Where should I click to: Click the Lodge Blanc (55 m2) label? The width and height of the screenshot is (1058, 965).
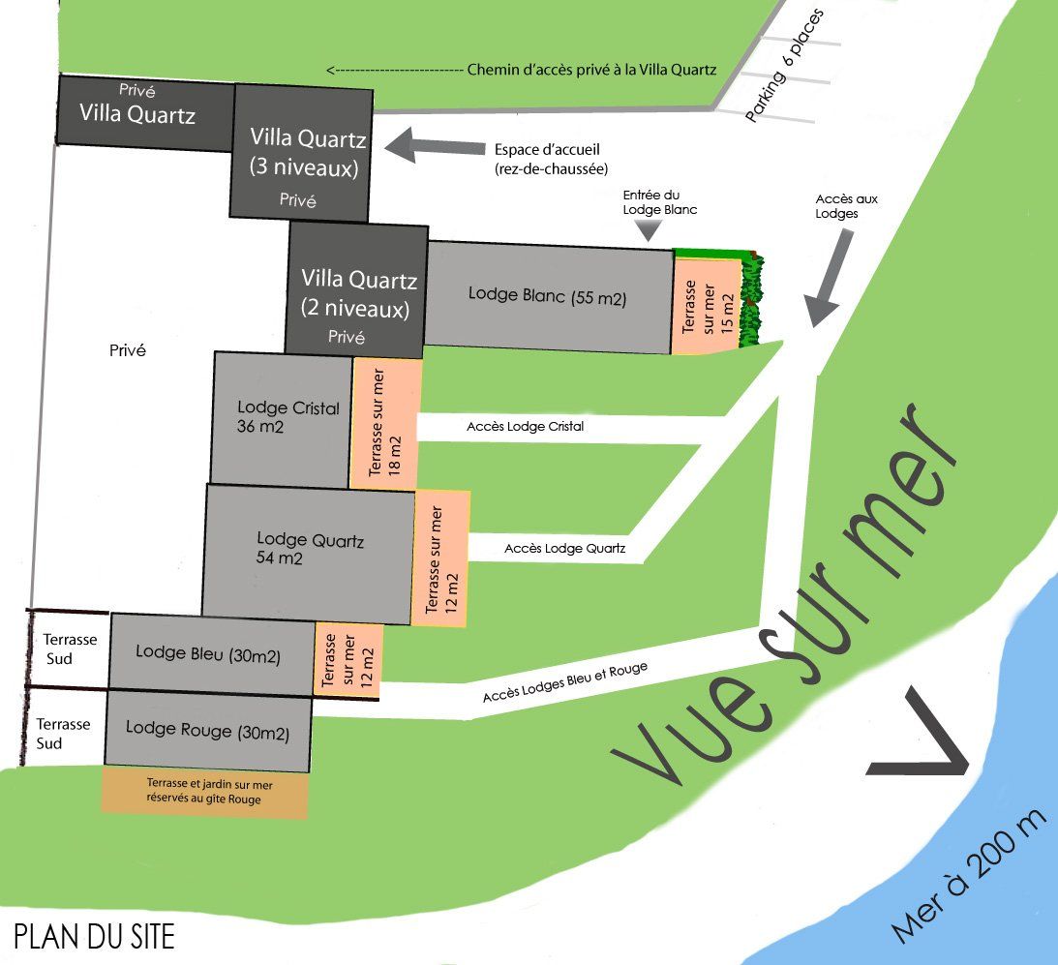(547, 295)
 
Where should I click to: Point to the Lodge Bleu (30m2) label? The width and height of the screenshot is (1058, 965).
(208, 653)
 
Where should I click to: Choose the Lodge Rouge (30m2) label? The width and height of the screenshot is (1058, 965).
(207, 731)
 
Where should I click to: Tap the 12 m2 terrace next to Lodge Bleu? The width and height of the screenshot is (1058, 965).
(347, 659)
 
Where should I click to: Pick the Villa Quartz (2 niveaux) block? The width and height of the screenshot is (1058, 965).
(357, 290)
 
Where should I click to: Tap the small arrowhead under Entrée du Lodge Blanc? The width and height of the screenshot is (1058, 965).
(648, 230)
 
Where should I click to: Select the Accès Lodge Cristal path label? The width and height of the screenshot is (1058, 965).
(526, 426)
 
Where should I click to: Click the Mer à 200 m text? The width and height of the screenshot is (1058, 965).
(970, 876)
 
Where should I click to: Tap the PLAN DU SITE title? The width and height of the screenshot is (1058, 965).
(95, 937)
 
